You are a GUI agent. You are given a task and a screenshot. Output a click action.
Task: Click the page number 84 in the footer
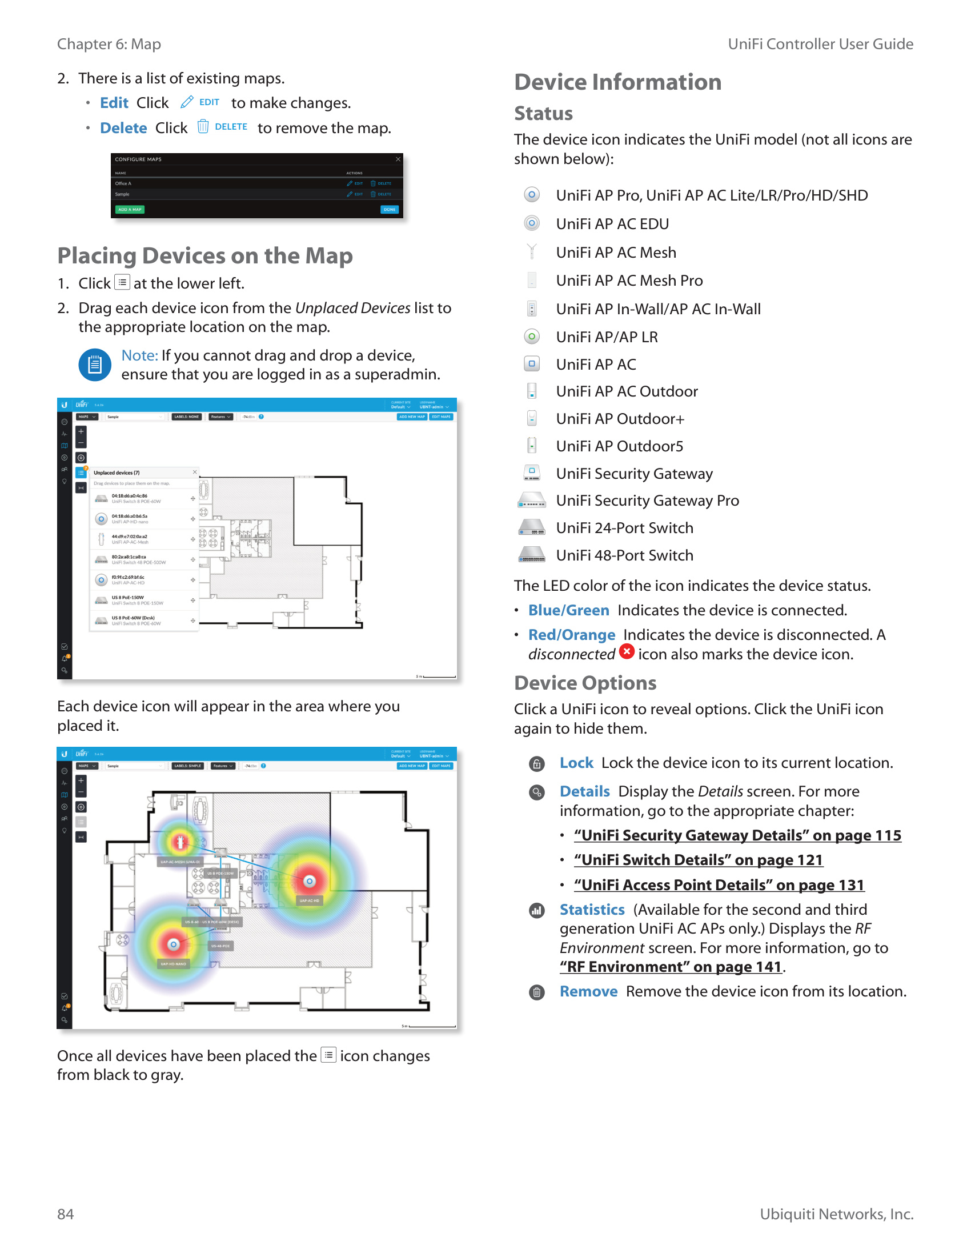[x=65, y=1214]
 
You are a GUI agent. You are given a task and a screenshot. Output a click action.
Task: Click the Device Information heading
[x=617, y=82]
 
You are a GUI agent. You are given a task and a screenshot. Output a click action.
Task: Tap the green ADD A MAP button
[x=130, y=210]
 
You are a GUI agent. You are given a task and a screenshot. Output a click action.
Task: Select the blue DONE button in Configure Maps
[x=390, y=210]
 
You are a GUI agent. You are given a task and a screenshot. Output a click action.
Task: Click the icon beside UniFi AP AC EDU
[x=532, y=223]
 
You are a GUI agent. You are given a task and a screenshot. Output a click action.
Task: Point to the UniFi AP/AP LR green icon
[x=532, y=337]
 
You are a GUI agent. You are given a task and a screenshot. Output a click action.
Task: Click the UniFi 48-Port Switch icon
[x=532, y=555]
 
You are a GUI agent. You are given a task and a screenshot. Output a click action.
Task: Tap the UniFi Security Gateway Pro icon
[x=532, y=501]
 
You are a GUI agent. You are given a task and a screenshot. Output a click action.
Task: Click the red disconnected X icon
[x=627, y=652]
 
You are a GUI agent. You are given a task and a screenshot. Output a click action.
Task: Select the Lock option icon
[x=536, y=764]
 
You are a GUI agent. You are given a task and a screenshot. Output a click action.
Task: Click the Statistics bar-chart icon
[x=536, y=911]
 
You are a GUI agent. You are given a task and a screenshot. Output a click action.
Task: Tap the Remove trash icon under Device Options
[x=536, y=992]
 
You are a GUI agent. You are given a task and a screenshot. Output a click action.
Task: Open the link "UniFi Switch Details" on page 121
[x=698, y=860]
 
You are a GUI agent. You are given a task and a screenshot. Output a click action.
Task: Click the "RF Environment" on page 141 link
[x=671, y=967]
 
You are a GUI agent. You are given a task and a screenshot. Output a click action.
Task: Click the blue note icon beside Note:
[x=95, y=365]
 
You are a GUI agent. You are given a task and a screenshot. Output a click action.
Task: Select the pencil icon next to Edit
[x=187, y=102]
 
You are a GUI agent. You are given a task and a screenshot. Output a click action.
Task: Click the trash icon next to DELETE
[x=203, y=127]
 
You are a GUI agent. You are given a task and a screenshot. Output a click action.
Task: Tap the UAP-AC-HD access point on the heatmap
[x=310, y=881]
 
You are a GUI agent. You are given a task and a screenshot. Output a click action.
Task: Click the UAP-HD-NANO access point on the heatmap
[x=173, y=944]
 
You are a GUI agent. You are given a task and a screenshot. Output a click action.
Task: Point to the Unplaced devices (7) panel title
[x=117, y=473]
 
